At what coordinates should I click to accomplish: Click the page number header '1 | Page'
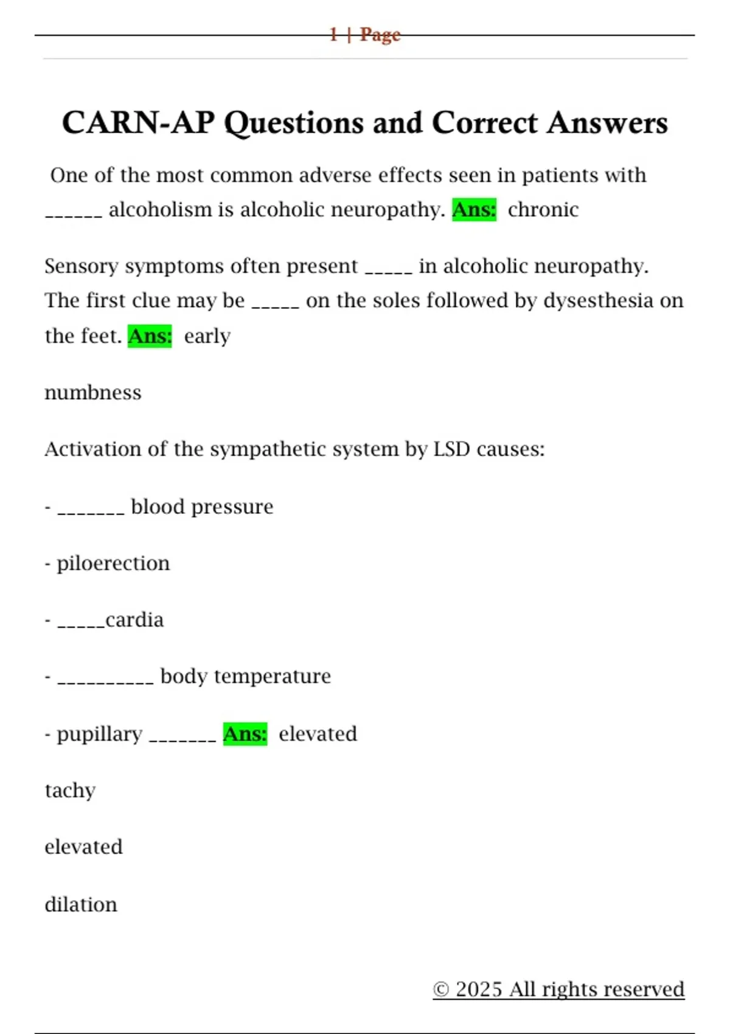365,35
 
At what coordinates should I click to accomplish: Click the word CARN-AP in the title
138,123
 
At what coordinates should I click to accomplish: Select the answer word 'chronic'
543,210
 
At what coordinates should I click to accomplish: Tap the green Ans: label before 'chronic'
474,210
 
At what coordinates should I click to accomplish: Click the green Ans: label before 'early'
150,336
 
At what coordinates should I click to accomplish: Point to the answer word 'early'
207,336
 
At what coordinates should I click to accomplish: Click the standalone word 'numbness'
93,393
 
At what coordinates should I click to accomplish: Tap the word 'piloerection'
113,564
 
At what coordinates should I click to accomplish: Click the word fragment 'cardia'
134,620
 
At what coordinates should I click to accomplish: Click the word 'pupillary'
100,735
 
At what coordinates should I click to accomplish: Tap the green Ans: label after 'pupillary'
245,734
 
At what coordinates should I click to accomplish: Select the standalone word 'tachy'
70,791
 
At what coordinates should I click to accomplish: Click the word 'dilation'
81,904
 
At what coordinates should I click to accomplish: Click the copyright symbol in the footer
441,990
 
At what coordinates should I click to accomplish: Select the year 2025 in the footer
479,990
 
